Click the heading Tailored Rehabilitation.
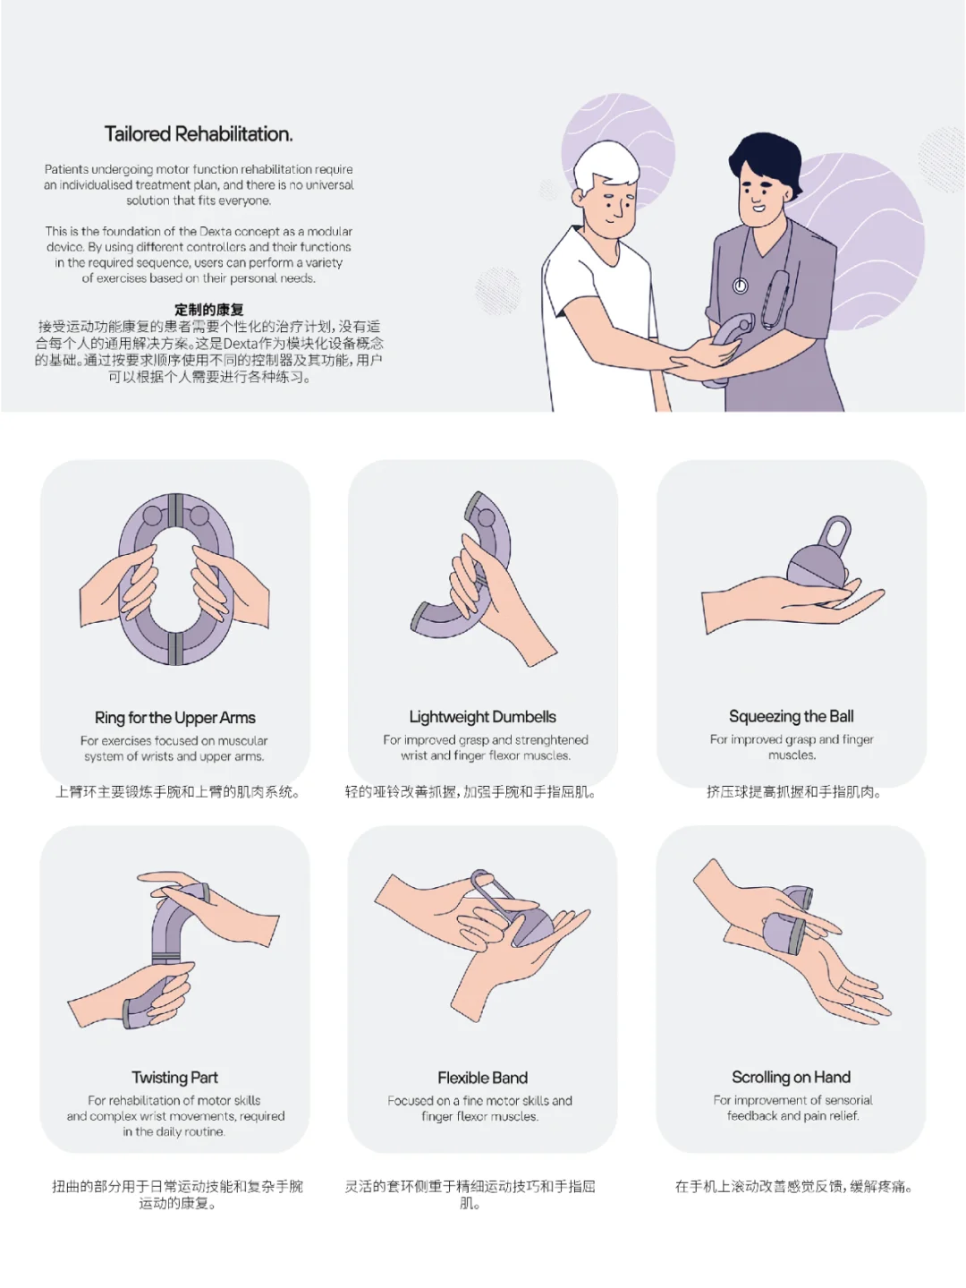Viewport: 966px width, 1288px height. coord(199,133)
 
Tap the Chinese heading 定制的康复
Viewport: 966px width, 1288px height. coord(208,309)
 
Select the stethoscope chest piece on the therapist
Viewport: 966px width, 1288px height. coord(741,286)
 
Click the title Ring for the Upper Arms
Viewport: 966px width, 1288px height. coord(174,718)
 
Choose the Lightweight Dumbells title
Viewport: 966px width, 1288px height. coord(482,716)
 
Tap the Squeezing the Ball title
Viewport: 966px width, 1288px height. coord(791,716)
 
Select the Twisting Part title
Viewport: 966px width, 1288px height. coord(174,1078)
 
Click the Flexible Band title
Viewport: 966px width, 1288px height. coord(482,1078)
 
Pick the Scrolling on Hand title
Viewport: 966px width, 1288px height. coord(791,1077)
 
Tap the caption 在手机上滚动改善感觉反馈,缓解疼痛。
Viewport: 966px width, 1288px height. coord(794,1187)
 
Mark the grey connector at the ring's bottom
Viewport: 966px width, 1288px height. coord(174,648)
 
